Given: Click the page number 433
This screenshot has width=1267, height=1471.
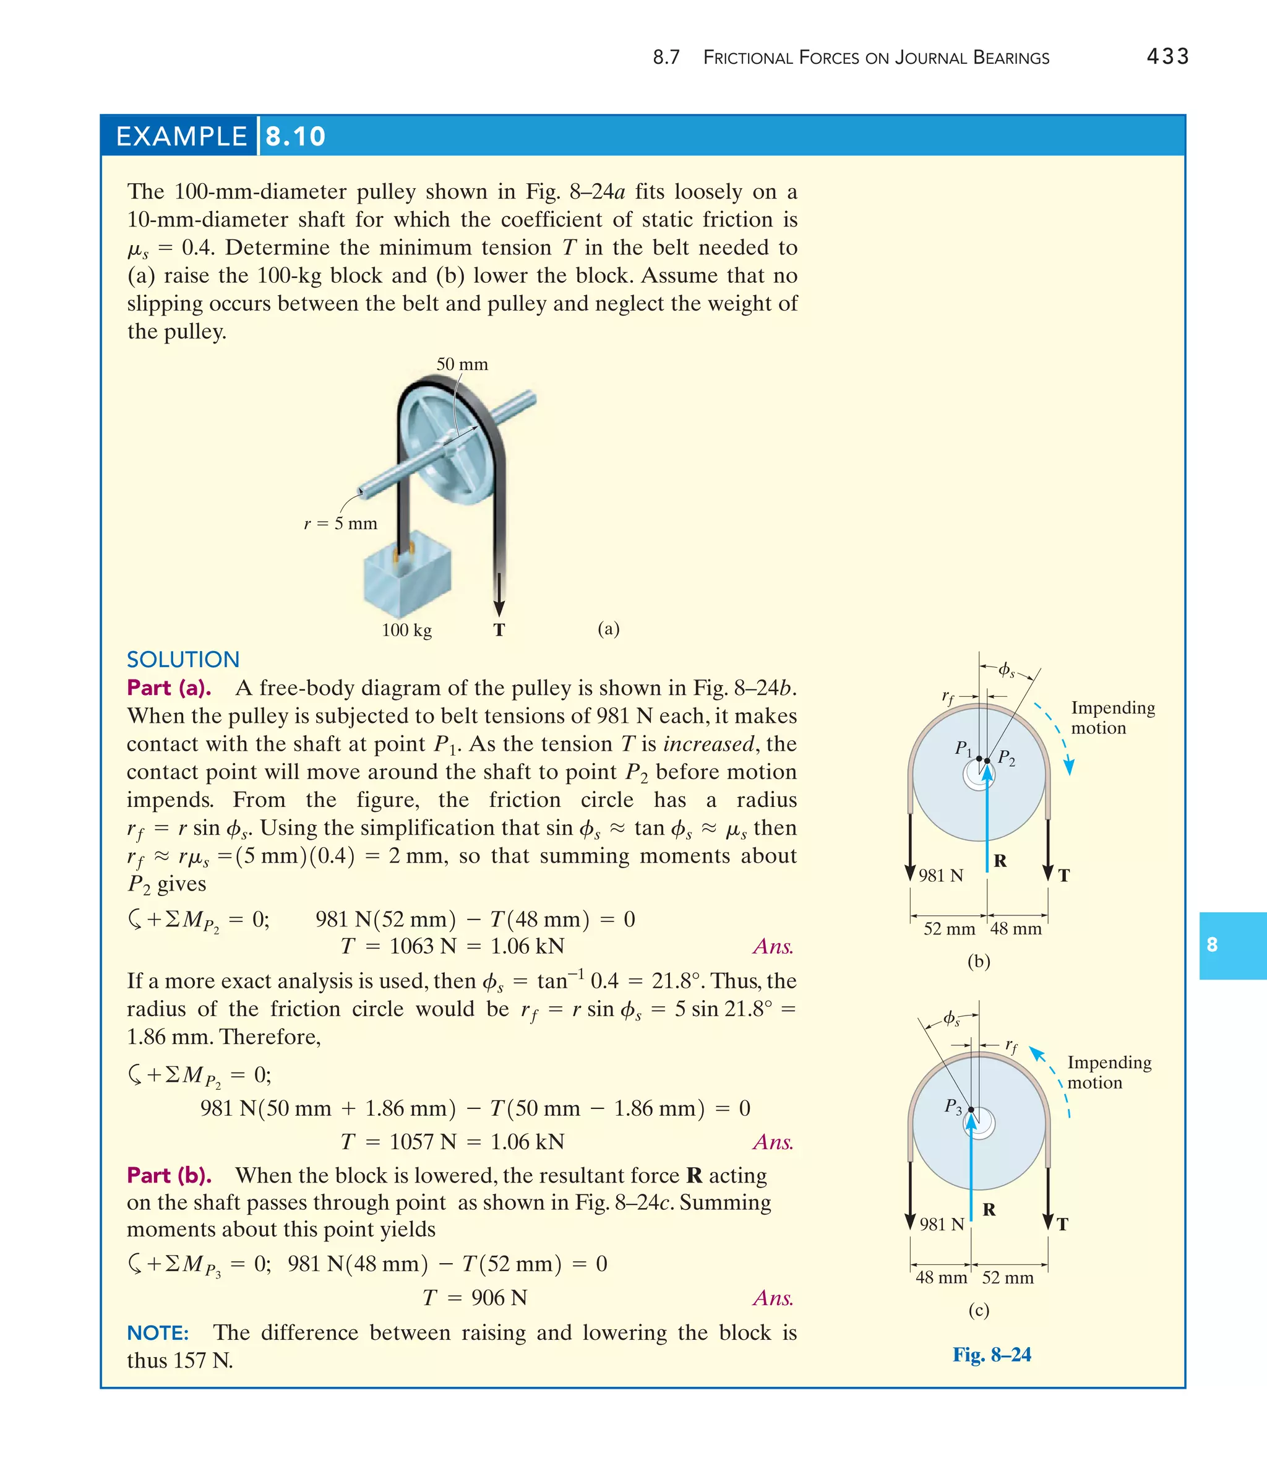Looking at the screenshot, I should [x=1167, y=56].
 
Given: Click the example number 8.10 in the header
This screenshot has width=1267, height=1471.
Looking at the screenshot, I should [x=295, y=136].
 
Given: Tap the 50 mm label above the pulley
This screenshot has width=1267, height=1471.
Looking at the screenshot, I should [x=462, y=365].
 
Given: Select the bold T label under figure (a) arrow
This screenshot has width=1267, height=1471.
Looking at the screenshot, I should [x=499, y=630].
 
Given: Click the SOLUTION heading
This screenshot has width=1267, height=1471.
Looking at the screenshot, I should [x=183, y=660].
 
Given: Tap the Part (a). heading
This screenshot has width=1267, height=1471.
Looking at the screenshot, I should [x=169, y=688].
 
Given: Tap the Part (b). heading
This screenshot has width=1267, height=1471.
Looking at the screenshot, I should [x=169, y=1176].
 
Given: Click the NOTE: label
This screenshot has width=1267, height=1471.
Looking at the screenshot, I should [x=158, y=1333].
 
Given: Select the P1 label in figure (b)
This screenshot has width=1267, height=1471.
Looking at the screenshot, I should [x=963, y=748].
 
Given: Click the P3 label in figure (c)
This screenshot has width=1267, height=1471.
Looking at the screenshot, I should [x=953, y=1106].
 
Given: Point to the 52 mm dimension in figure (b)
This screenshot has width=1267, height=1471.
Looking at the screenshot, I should [x=948, y=929].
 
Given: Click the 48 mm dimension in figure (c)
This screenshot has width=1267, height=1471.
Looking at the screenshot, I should [x=940, y=1278].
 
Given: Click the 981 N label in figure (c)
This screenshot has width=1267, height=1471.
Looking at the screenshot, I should [x=941, y=1224].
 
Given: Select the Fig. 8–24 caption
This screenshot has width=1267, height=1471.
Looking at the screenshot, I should [x=992, y=1355].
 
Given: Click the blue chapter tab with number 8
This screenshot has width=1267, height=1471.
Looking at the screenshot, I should [x=1232, y=945].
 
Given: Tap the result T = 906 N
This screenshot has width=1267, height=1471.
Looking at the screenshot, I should [x=475, y=1298].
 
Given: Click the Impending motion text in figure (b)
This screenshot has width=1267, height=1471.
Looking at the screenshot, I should [x=1112, y=718].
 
